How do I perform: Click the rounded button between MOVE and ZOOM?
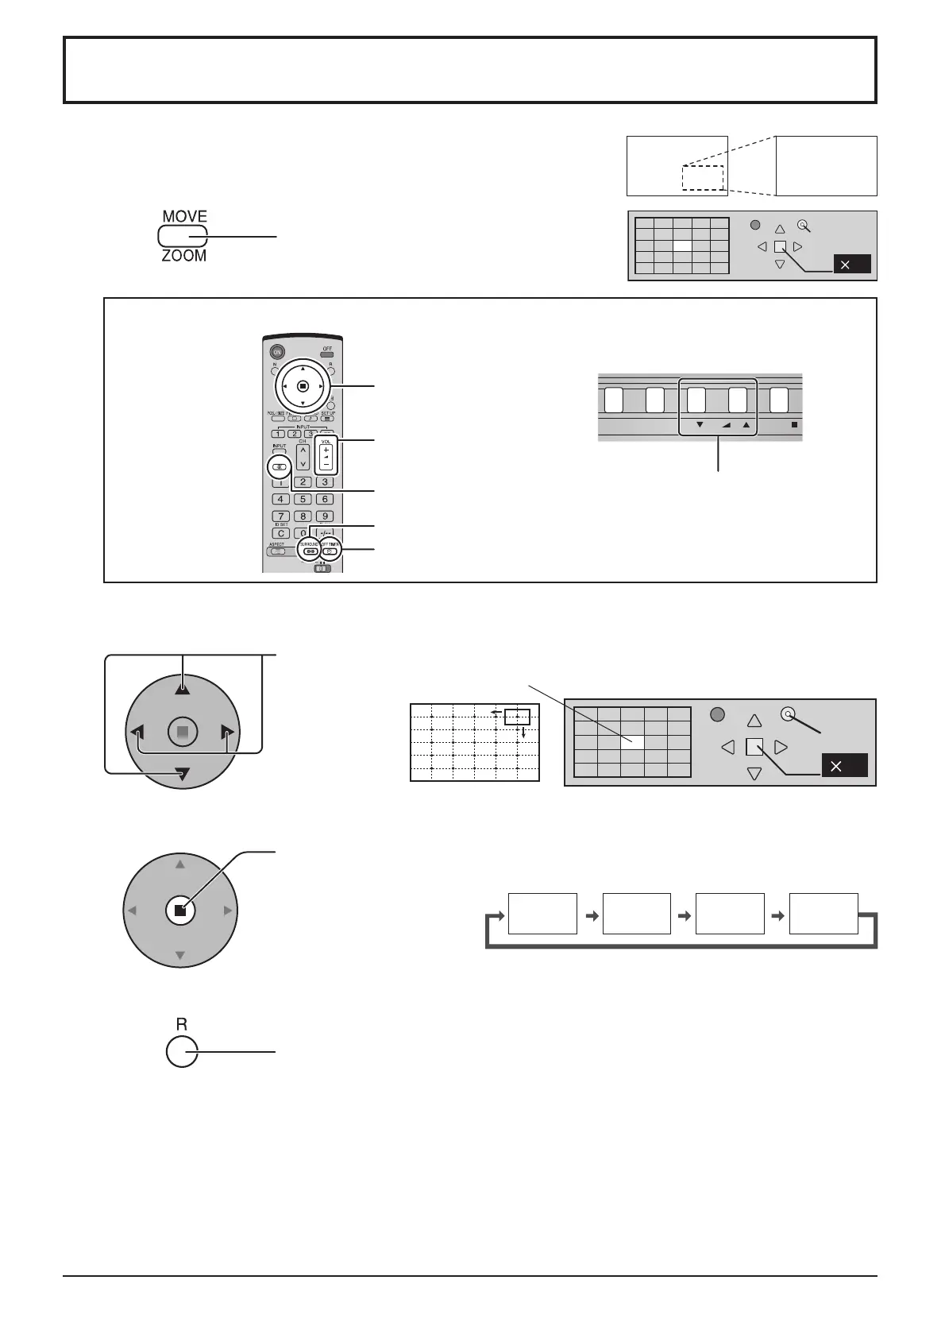point(182,236)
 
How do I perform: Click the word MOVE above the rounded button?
point(184,217)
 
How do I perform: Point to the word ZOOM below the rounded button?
point(184,256)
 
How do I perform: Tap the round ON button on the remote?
point(277,352)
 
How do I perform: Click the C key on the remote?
point(281,533)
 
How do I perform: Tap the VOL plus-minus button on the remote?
point(325,455)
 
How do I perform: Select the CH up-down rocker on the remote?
point(303,456)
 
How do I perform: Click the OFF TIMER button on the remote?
point(330,551)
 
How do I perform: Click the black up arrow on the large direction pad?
point(183,688)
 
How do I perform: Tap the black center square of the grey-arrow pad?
point(180,911)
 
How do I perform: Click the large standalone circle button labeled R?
point(182,1052)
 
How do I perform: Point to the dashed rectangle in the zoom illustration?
point(702,177)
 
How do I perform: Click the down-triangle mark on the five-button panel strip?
point(700,425)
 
